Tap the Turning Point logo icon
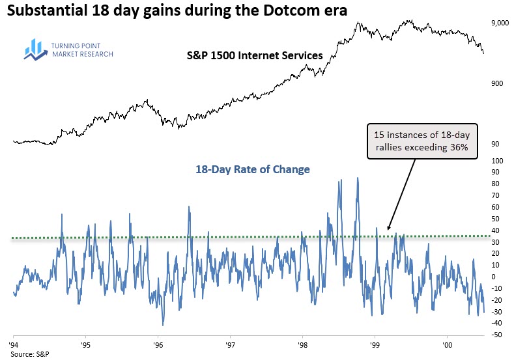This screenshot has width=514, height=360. [33, 49]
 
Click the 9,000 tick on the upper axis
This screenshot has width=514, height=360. [499, 23]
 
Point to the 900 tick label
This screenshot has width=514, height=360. [496, 83]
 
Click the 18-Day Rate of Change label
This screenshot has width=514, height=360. [253, 169]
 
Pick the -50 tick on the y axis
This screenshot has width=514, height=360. [496, 335]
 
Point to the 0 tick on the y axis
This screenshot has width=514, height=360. [496, 277]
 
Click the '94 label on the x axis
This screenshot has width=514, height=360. [14, 343]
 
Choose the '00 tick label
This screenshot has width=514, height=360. [447, 343]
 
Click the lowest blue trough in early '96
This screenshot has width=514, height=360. [163, 325]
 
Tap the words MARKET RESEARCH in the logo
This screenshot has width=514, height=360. [81, 55]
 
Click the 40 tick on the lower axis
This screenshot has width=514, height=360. [498, 230]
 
